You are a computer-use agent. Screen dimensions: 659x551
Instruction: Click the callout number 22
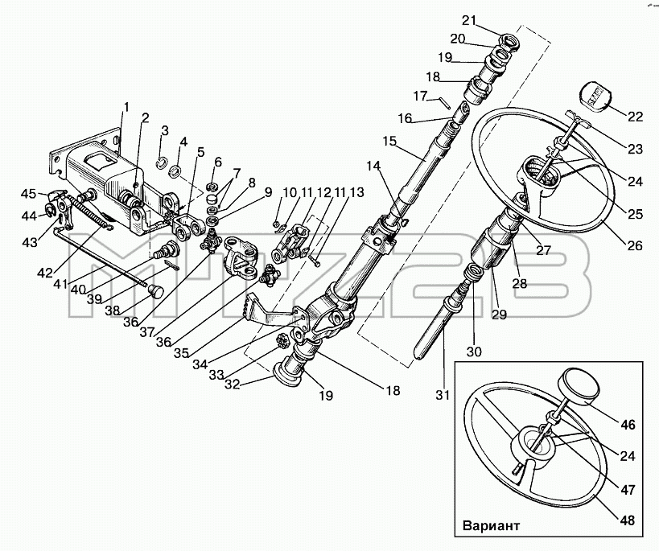pyautogui.click(x=635, y=116)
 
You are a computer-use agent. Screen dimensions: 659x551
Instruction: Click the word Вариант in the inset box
pyautogui.click(x=491, y=525)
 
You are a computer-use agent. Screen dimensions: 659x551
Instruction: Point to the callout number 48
pyautogui.click(x=627, y=520)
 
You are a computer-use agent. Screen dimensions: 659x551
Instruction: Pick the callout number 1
pyautogui.click(x=126, y=107)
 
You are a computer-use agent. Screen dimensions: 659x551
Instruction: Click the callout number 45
pyautogui.click(x=29, y=194)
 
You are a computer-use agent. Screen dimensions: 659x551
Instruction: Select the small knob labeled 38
pyautogui.click(x=156, y=291)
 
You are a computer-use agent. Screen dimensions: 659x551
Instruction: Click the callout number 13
pyautogui.click(x=356, y=192)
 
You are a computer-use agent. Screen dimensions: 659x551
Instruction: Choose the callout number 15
pyautogui.click(x=389, y=141)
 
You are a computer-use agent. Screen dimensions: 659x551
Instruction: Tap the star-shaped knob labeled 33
pyautogui.click(x=283, y=339)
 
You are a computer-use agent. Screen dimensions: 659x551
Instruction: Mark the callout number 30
pyautogui.click(x=474, y=351)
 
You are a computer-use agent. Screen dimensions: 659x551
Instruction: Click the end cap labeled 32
pyautogui.click(x=286, y=375)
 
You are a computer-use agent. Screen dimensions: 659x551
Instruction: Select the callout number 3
pyautogui.click(x=164, y=130)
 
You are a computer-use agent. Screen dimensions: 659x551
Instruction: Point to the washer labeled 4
pyautogui.click(x=175, y=171)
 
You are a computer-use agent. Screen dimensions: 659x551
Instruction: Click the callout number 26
pyautogui.click(x=635, y=245)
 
